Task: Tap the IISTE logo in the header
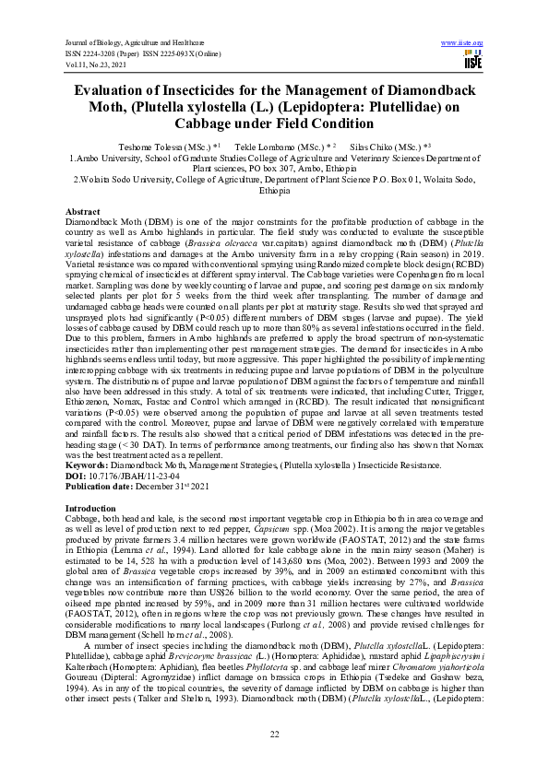pyautogui.click(x=472, y=61)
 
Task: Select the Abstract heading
pyautogui.click(x=83, y=212)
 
